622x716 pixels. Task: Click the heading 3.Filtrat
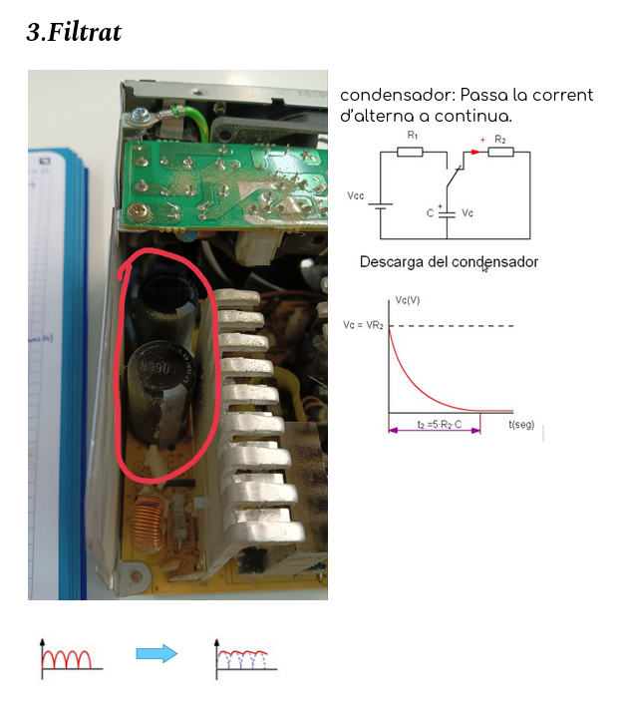(74, 32)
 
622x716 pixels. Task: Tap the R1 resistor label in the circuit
(413, 136)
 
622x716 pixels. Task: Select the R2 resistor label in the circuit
(499, 139)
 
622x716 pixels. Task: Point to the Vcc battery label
(357, 196)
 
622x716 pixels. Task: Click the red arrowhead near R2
(475, 153)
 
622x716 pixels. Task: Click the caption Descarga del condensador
(449, 262)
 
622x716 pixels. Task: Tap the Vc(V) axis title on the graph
(408, 299)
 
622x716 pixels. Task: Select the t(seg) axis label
(521, 425)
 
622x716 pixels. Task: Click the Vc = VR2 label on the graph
(363, 326)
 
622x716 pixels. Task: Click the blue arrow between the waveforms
(156, 654)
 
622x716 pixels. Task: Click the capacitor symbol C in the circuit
(447, 213)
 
